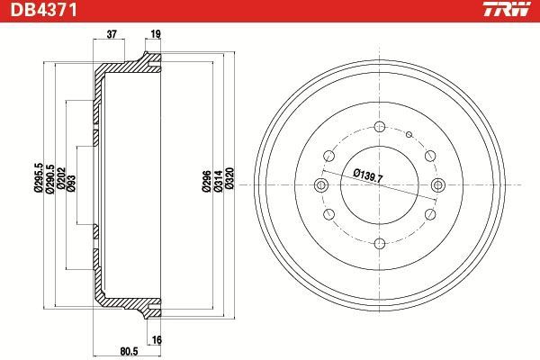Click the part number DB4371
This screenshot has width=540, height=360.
(44, 10)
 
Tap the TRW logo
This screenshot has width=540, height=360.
(507, 9)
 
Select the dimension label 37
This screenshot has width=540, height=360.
(112, 34)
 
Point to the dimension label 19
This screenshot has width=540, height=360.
(156, 34)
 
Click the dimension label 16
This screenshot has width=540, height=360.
(157, 340)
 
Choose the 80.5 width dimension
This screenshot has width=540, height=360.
(129, 351)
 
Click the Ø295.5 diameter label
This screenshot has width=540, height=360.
(39, 178)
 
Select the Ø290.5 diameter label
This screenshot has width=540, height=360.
(49, 179)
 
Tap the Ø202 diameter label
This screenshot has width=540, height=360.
(61, 178)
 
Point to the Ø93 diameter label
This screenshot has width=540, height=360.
(72, 183)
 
